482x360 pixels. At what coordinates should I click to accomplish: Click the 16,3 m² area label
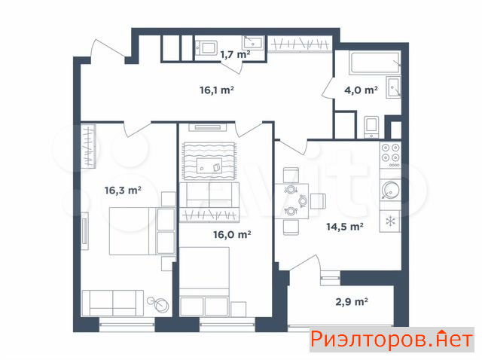coord(123,191)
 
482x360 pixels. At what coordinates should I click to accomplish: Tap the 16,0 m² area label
coord(232,234)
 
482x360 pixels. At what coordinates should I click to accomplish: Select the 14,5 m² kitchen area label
coord(345,227)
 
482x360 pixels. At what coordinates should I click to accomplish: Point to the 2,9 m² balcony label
coord(352,301)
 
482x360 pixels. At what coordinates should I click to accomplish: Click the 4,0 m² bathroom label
coord(361,90)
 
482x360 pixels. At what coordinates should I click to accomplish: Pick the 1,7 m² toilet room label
coord(235,54)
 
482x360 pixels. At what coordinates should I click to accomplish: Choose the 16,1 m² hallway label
coord(217,90)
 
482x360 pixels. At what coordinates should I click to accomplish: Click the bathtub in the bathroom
coord(375,63)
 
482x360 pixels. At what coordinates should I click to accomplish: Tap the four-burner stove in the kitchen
coord(390,155)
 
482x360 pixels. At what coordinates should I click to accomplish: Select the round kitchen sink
coord(390,190)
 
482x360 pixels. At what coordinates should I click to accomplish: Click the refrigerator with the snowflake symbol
coord(390,221)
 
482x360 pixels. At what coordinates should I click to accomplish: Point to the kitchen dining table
coord(291,201)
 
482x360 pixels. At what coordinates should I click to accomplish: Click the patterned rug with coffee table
coord(209,161)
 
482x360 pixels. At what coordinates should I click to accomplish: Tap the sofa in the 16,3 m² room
coord(113,303)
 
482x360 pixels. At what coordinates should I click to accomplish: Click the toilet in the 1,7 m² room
coord(206,48)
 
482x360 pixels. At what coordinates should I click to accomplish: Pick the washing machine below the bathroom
coord(371,127)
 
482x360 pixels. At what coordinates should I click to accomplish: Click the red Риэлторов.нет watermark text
coord(392,340)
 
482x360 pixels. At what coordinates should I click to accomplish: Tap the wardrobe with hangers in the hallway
coord(300,44)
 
